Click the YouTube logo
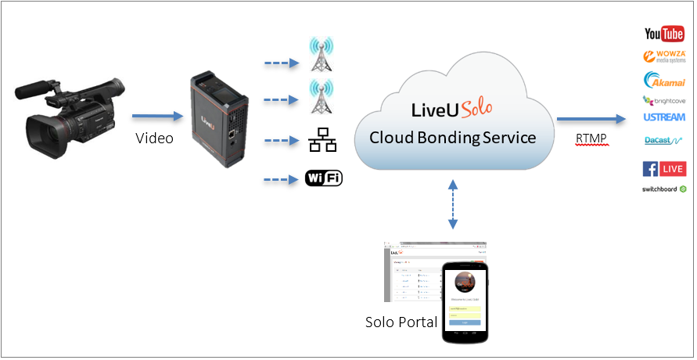click(664, 34)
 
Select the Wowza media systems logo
click(664, 56)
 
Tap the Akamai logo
click(664, 79)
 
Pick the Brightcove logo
click(663, 99)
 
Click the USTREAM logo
click(664, 117)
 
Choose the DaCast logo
click(661, 141)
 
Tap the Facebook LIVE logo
click(664, 169)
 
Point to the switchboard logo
click(664, 189)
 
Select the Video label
click(154, 138)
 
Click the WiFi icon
click(323, 178)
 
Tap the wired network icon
click(322, 142)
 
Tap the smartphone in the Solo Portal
click(465, 301)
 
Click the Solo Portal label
click(401, 322)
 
